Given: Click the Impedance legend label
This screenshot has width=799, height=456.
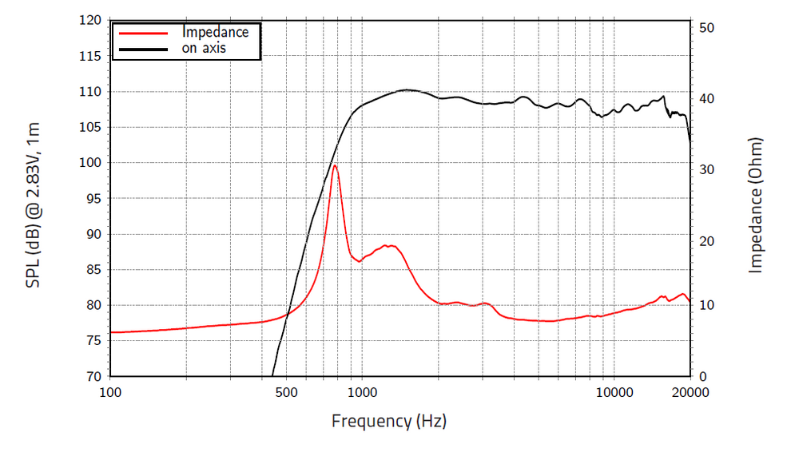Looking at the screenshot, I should click(x=215, y=33).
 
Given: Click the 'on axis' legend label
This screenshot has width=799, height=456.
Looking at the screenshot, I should click(x=204, y=48).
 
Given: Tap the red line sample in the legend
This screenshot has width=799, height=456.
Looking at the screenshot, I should click(x=143, y=34).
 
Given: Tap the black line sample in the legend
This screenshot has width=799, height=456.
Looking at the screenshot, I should click(x=143, y=49).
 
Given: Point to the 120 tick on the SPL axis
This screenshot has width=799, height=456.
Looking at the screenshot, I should click(x=89, y=21).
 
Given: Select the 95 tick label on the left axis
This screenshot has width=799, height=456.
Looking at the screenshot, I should click(x=92, y=199).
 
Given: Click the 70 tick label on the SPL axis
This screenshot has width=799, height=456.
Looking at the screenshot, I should click(x=92, y=376).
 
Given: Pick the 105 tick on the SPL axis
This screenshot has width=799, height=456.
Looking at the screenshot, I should click(x=89, y=128).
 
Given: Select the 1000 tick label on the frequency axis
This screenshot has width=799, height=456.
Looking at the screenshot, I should click(x=362, y=392).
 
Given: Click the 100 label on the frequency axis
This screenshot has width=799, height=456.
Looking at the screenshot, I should click(x=110, y=392).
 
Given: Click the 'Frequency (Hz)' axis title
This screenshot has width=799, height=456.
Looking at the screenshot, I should click(x=389, y=421).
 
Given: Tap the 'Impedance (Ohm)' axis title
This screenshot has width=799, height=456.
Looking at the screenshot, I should click(x=756, y=204).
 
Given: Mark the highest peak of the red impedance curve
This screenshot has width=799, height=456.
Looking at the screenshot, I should click(x=335, y=165).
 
